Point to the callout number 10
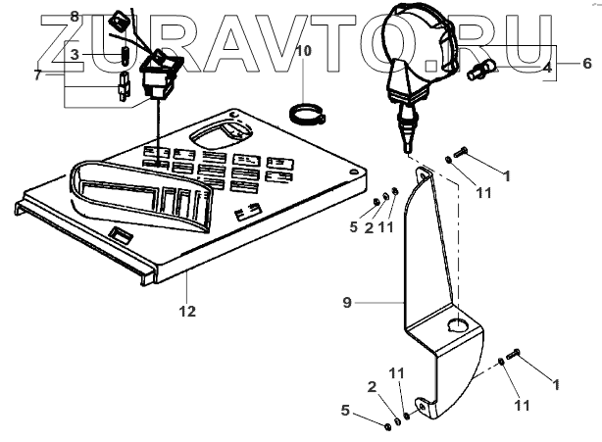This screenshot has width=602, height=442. [x=303, y=49]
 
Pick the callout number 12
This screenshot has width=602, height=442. [x=187, y=312]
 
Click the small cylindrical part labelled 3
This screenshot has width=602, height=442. [x=125, y=54]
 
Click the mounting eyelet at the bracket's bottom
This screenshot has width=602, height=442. [x=421, y=405]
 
